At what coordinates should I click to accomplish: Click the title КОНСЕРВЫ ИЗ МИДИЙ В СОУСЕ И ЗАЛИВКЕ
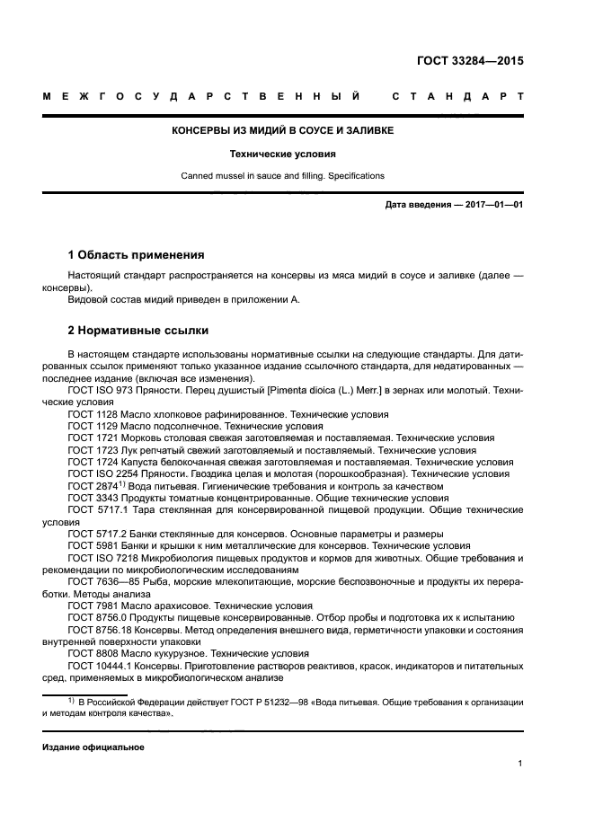[x=282, y=131]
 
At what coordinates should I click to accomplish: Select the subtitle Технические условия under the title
[x=282, y=154]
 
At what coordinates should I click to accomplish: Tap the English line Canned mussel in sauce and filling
[x=282, y=176]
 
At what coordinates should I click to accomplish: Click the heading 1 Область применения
[x=136, y=255]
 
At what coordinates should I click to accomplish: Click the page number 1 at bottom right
[x=520, y=764]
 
